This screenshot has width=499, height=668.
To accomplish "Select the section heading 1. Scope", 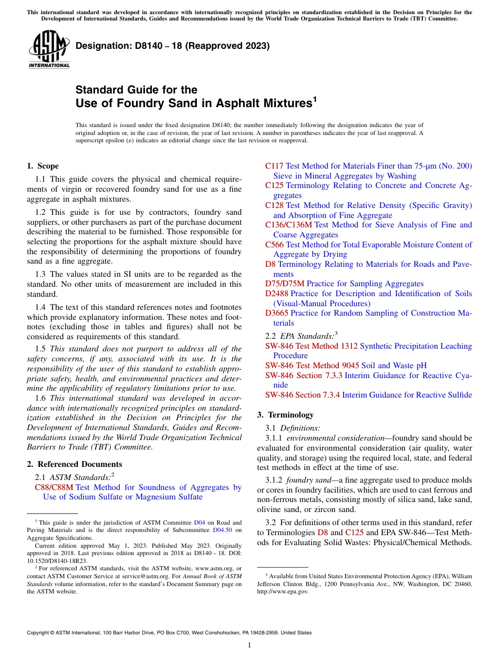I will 43,166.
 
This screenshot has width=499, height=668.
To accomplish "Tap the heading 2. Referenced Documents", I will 74,464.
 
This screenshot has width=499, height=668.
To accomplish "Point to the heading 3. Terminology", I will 285,415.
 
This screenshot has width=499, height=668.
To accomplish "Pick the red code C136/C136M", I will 288,225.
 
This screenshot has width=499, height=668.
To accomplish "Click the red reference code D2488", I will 277,294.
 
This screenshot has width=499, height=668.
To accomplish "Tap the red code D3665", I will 277,313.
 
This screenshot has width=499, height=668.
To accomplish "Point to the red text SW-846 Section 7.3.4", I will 303,395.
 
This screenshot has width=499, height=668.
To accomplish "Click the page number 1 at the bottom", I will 250,645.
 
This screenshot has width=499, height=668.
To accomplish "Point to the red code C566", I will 274,245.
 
